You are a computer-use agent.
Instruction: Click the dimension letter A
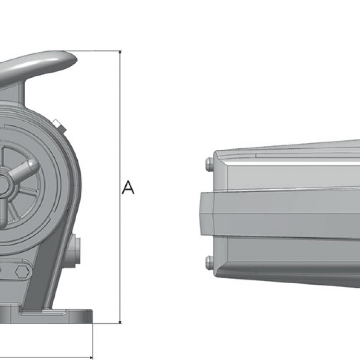(x=128, y=188)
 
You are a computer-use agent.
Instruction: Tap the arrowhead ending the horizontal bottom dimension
(x=90, y=357)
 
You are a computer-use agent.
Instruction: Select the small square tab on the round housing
(x=58, y=125)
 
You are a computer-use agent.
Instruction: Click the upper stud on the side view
(x=209, y=165)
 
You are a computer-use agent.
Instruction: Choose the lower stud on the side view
(x=209, y=262)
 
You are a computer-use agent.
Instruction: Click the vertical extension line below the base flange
(x=93, y=340)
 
